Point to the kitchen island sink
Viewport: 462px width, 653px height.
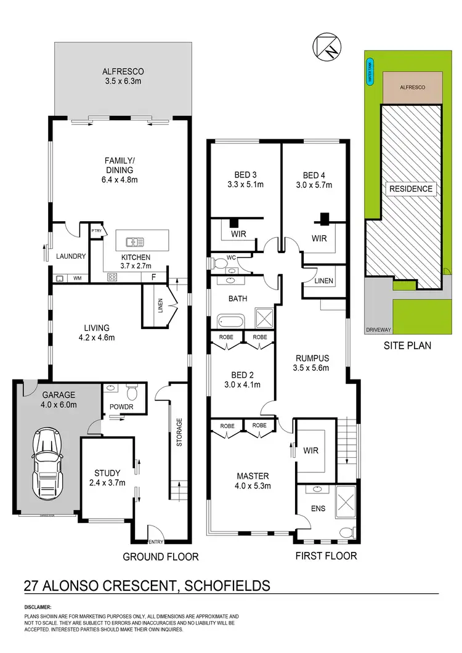tap(134, 241)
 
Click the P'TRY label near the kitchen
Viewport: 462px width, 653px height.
tap(96, 230)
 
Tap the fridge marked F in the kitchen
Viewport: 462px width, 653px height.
tap(153, 277)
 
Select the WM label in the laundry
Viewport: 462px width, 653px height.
tap(78, 278)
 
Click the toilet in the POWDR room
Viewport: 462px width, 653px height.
tap(131, 392)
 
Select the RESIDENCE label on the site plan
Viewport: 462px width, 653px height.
tap(411, 189)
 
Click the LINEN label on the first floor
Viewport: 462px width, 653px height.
tap(323, 280)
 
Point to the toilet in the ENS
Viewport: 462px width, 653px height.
tap(345, 531)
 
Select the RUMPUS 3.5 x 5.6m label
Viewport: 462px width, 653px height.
tap(311, 363)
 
